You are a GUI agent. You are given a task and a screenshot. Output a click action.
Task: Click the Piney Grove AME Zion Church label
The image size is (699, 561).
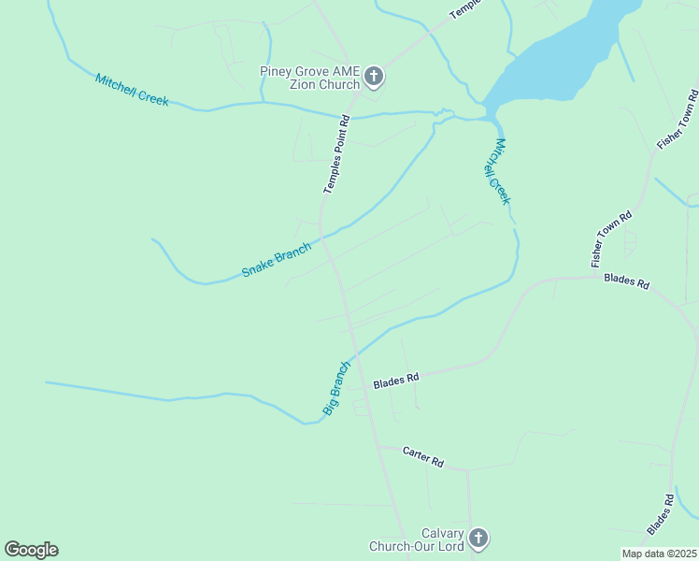tap(309, 78)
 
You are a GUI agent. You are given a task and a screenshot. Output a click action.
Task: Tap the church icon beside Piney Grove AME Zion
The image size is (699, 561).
tap(374, 77)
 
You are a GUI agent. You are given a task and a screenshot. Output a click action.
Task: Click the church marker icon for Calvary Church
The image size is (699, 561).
tap(478, 539)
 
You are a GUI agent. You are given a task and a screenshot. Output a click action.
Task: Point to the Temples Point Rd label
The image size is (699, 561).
tap(335, 154)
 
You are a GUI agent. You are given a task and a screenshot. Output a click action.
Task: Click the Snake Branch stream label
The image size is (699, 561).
tap(276, 259)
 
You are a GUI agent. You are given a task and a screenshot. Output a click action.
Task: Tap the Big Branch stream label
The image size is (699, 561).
tap(335, 388)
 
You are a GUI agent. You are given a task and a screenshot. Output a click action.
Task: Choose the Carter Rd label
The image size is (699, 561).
tap(422, 457)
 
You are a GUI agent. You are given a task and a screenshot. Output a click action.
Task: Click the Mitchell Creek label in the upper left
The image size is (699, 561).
tap(132, 90)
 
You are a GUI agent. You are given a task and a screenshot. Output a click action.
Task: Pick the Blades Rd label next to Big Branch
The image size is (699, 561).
tap(396, 381)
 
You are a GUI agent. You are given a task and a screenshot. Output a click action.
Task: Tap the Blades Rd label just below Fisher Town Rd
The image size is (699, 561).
tap(626, 280)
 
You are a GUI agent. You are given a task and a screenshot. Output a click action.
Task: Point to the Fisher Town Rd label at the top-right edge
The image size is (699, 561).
tap(678, 120)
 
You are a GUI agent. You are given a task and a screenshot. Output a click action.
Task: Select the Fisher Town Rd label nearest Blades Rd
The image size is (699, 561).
tap(612, 239)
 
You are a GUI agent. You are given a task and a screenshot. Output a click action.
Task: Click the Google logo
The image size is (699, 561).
tap(31, 550)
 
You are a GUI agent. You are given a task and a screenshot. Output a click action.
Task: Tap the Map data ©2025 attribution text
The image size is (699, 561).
tap(660, 554)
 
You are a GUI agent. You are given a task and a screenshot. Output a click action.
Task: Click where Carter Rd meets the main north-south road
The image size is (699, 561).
tap(379, 446)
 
